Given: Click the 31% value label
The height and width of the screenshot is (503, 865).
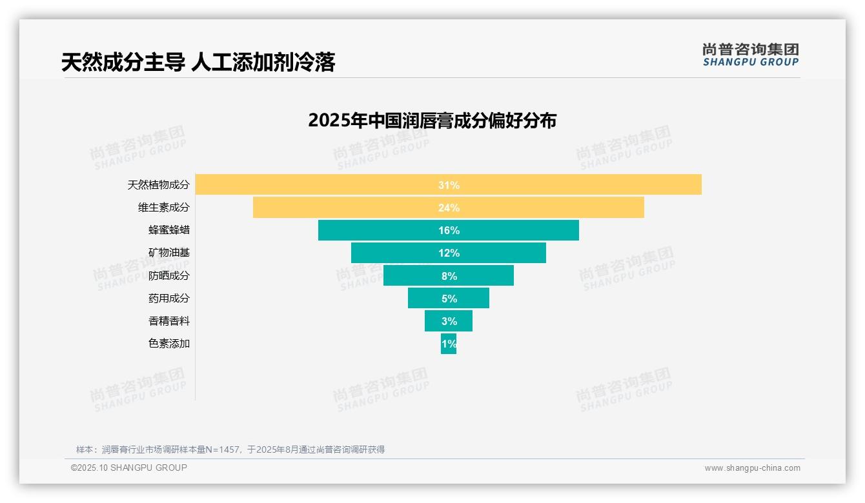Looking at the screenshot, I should point(449,185).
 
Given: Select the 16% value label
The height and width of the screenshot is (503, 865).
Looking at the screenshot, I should point(449,230).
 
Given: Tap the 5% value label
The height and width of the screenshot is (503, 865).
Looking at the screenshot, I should point(449,299).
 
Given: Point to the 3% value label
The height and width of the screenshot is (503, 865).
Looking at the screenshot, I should point(449,321).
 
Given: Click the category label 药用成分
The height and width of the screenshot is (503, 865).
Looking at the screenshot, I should point(169,299).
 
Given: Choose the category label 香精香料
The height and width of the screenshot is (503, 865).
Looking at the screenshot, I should point(169,321).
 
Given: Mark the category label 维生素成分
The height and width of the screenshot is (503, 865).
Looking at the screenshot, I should point(164,208).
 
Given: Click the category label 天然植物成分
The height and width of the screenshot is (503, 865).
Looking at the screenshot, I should point(159,185).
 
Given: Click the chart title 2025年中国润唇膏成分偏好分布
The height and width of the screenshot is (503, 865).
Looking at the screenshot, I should point(432,121).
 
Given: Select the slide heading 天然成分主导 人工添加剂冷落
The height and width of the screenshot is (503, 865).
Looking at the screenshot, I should point(198,62).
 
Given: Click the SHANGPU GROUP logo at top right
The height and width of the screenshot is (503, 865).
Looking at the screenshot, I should point(750,55).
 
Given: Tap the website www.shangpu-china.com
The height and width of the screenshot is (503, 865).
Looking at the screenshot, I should point(752,468).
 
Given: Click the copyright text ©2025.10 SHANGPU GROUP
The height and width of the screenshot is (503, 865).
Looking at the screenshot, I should point(129,468).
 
